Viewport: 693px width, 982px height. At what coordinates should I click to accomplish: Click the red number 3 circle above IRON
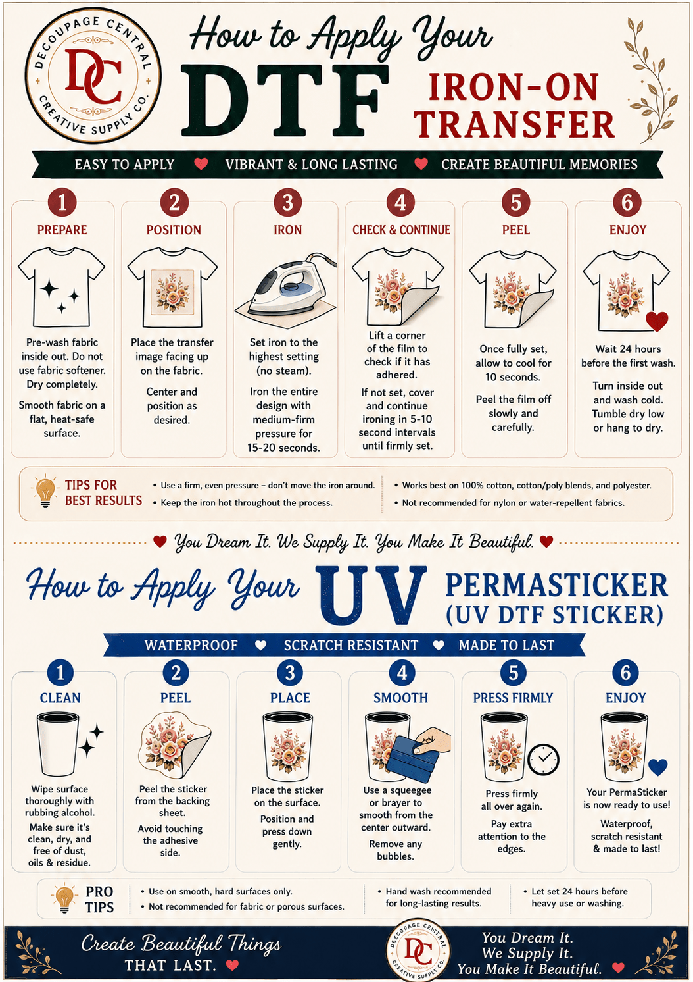(287, 203)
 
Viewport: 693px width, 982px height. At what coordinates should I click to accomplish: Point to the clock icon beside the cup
(543, 760)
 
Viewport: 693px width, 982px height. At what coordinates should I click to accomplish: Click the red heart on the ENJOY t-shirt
(657, 321)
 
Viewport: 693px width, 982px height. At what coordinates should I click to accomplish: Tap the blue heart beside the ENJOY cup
(657, 766)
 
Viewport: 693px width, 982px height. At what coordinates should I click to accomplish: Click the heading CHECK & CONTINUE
(401, 230)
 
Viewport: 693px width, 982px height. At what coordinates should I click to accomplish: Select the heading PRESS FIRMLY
(513, 698)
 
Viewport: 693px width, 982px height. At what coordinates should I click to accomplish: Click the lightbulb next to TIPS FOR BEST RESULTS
(45, 492)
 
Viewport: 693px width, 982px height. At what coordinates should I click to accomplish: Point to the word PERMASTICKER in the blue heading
(556, 585)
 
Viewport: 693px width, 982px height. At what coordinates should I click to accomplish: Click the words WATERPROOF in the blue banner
(191, 645)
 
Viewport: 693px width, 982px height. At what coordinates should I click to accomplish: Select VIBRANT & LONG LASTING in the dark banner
(312, 165)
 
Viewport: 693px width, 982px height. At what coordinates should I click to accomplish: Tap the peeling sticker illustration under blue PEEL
(174, 748)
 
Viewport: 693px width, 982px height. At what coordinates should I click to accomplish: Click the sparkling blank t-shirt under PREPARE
(61, 287)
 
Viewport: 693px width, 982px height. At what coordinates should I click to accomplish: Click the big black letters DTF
(285, 101)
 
